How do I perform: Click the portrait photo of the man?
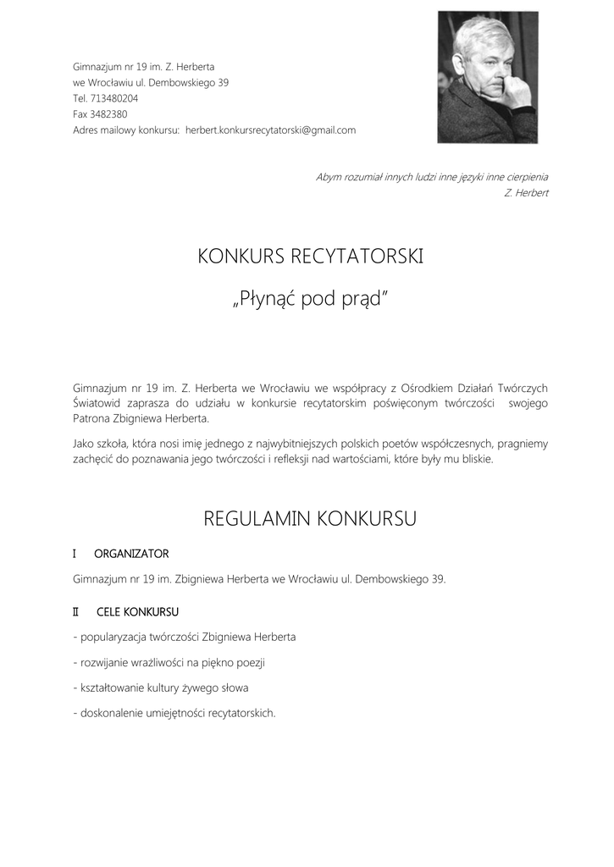(487, 78)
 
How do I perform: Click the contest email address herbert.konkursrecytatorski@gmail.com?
(270, 130)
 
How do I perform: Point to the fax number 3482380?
(109, 114)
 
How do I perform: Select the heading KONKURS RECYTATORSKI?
(310, 256)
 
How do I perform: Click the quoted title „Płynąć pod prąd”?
(310, 299)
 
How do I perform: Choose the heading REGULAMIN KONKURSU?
(310, 519)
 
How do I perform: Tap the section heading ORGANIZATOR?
(131, 554)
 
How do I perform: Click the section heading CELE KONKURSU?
(137, 611)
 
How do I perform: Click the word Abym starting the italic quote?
(329, 177)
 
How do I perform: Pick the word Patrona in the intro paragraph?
(92, 419)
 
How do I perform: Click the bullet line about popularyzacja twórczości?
(185, 637)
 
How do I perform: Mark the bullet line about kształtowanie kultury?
(161, 688)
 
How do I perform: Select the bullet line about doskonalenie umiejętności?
(174, 713)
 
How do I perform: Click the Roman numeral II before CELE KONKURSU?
(76, 611)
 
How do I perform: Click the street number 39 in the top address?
(223, 82)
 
